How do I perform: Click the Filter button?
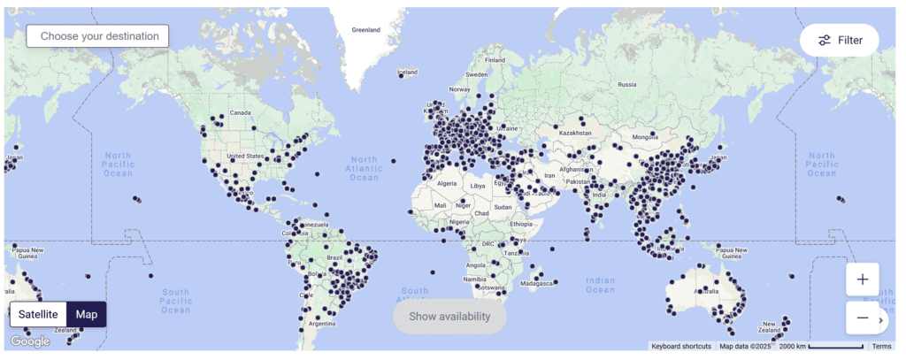[839, 40]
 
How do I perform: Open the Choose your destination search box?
[97, 36]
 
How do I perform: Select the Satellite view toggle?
[37, 314]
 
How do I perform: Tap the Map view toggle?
[87, 314]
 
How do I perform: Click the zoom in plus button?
[862, 280]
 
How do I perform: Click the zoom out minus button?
[862, 318]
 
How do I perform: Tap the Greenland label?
[365, 29]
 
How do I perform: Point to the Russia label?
[627, 85]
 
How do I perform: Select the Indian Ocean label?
[600, 285]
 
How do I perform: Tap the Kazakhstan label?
[574, 133]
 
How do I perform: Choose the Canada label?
[241, 113]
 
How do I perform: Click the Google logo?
[30, 341]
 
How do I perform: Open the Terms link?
[881, 346]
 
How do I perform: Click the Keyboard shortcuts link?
[681, 346]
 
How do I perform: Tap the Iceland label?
[408, 72]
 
